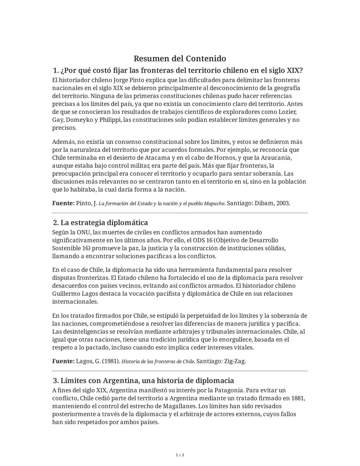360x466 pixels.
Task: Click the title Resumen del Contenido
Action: pyautogui.click(x=180, y=59)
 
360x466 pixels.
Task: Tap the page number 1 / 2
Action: pyautogui.click(x=180, y=455)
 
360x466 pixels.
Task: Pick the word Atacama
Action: pyautogui.click(x=158, y=158)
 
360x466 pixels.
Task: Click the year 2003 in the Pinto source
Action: pyautogui.click(x=283, y=203)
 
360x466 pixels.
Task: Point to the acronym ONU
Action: pyautogui.click(x=83, y=232)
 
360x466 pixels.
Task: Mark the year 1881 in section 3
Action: pyautogui.click(x=298, y=398)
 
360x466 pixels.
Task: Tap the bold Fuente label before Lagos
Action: pyautogui.click(x=63, y=361)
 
